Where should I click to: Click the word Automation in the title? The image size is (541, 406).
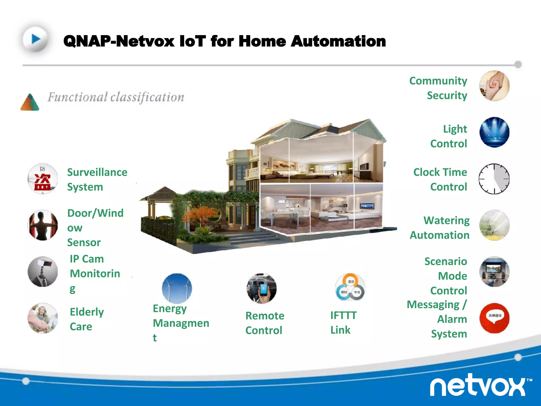click(x=338, y=41)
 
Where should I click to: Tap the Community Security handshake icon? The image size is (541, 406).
click(x=494, y=86)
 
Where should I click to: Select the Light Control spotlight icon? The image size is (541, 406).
click(x=494, y=132)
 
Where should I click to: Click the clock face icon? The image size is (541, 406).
click(x=494, y=179)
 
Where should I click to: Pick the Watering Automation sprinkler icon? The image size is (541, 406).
click(x=494, y=225)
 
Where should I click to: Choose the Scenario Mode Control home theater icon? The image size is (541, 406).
click(x=494, y=272)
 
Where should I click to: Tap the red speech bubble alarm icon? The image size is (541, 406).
click(x=494, y=318)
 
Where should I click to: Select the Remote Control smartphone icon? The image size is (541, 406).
click(x=262, y=288)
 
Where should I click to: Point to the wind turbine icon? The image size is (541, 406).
click(x=177, y=288)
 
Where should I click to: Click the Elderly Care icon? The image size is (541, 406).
click(x=43, y=318)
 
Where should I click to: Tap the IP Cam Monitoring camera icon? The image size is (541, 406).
click(x=43, y=271)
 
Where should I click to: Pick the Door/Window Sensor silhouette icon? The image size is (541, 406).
click(x=43, y=225)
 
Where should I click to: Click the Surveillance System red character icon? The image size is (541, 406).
click(x=43, y=179)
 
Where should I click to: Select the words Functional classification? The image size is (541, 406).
click(x=116, y=97)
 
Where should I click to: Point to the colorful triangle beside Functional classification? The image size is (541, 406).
click(x=30, y=103)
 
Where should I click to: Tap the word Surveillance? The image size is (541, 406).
click(x=97, y=172)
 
